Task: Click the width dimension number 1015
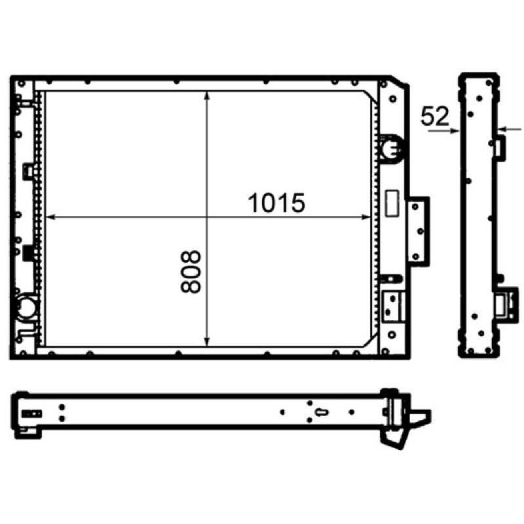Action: (x=276, y=203)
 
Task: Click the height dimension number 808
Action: (x=191, y=272)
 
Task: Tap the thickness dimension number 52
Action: (x=434, y=116)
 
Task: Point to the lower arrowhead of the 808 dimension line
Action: (x=207, y=341)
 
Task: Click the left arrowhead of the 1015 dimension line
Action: (x=50, y=217)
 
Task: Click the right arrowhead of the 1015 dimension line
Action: (x=366, y=217)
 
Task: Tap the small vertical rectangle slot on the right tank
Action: (x=392, y=203)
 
